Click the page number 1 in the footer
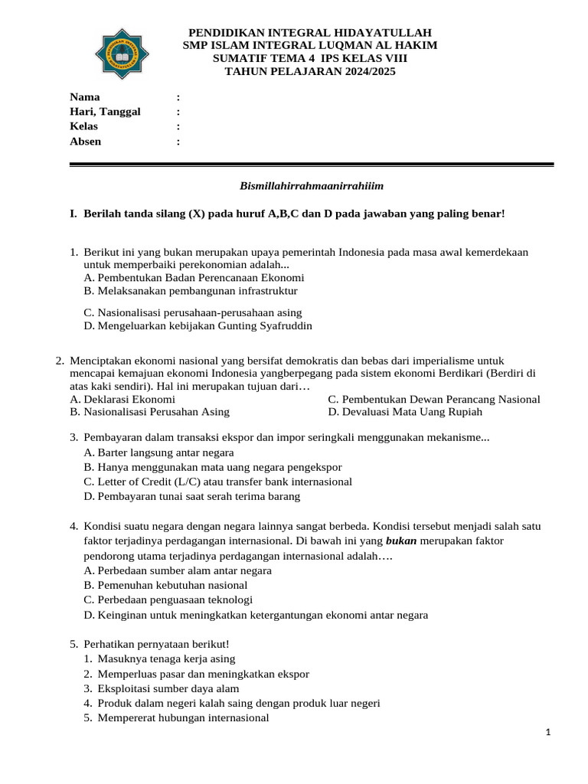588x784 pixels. (548, 733)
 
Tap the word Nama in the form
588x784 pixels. (84, 97)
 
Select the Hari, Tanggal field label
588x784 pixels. (105, 112)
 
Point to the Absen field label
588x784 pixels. (85, 141)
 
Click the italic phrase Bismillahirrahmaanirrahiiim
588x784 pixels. (311, 186)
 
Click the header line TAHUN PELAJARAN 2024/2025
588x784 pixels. (310, 72)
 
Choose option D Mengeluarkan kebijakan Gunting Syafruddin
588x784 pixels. (198, 325)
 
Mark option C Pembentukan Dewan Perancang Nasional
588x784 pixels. (433, 399)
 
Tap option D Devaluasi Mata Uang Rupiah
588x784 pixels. (405, 412)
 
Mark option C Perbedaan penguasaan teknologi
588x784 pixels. (168, 599)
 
